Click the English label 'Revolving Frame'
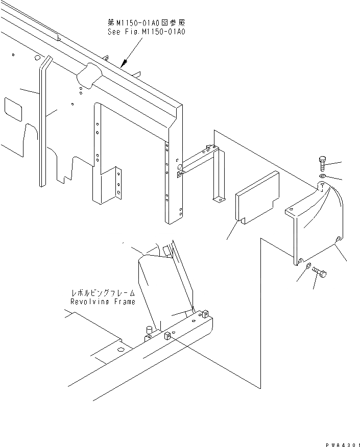point(103,302)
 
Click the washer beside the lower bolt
point(308,267)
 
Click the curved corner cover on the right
point(322,219)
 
